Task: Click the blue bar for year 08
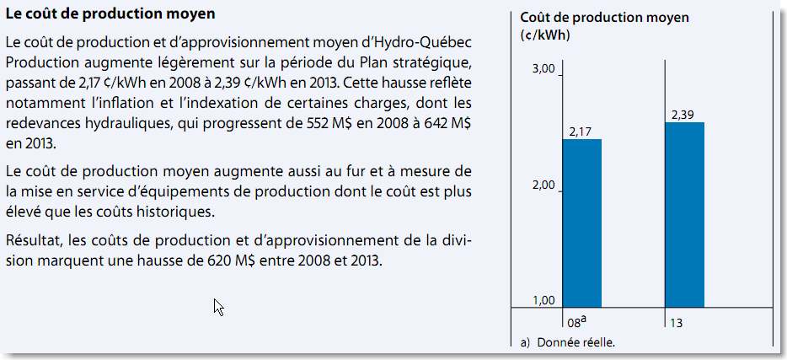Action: pos(581,223)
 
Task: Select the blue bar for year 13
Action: pos(683,215)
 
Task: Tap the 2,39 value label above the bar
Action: pos(683,115)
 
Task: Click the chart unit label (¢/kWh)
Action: pos(544,35)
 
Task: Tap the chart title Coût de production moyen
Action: pos(604,17)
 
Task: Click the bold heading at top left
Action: pos(110,15)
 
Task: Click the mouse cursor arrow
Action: pos(218,307)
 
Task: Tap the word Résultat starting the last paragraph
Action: pos(33,240)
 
